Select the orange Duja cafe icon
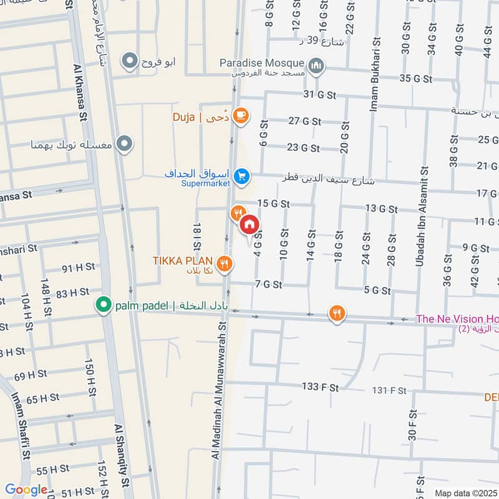click(240, 115)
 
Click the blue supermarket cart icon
click(243, 177)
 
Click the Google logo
click(26, 490)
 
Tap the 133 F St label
click(320, 387)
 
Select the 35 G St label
click(416, 79)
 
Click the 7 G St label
click(269, 284)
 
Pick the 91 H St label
click(79, 268)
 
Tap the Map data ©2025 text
click(465, 493)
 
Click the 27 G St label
click(304, 122)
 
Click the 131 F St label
click(389, 391)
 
